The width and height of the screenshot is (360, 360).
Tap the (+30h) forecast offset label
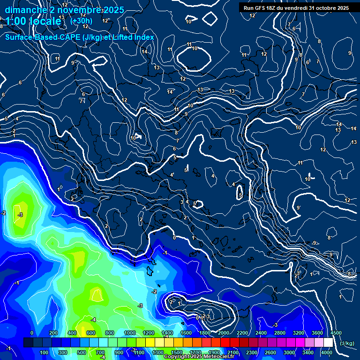(81, 21)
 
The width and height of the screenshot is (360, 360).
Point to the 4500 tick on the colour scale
(336, 333)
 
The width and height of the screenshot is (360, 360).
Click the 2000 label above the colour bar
(223, 333)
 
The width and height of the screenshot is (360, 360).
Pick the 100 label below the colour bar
(44, 352)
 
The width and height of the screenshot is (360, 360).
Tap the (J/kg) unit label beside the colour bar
(346, 344)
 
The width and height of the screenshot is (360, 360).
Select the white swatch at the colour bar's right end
(328, 343)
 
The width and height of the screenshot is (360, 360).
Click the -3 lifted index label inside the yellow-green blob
(20, 215)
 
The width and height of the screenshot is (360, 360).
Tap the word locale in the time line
(45, 21)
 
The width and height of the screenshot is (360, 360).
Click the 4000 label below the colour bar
(326, 352)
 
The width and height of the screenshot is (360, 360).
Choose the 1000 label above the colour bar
(129, 333)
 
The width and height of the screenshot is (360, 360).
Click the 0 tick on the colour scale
(32, 333)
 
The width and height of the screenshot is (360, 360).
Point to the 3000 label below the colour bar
(289, 352)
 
